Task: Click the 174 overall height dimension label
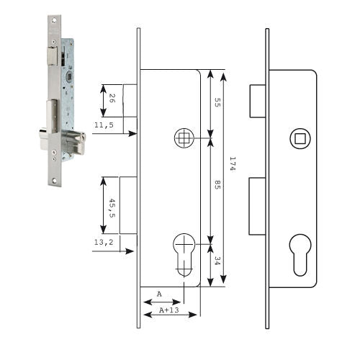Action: tap(233, 164)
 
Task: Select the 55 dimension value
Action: tap(217, 102)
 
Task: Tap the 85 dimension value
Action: tap(217, 184)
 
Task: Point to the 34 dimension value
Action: tap(217, 261)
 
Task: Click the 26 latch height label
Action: tap(112, 99)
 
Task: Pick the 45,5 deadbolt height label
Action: tap(112, 208)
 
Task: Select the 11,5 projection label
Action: tap(104, 125)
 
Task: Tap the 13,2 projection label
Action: tap(104, 242)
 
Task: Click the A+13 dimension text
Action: tap(169, 310)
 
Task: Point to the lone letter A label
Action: tap(159, 294)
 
